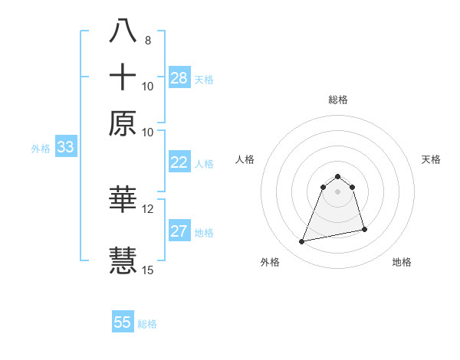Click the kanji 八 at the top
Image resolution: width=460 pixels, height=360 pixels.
(x=123, y=31)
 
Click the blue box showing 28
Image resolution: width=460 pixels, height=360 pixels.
(x=179, y=78)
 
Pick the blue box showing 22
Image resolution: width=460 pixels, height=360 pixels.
(x=179, y=162)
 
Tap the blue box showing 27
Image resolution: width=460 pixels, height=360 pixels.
(x=179, y=232)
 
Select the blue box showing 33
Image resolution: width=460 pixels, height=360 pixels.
(x=65, y=148)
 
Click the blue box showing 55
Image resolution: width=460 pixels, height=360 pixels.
(x=123, y=322)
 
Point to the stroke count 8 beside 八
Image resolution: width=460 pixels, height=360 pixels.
(x=147, y=41)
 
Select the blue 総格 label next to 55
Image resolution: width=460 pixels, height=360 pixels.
(x=147, y=324)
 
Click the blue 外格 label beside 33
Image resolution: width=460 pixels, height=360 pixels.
(x=41, y=149)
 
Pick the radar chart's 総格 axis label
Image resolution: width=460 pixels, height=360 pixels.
(x=337, y=100)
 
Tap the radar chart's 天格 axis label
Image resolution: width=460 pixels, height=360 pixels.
(x=432, y=159)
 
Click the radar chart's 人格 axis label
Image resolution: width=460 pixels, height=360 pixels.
(x=245, y=159)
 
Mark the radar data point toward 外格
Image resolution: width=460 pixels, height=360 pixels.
(x=302, y=242)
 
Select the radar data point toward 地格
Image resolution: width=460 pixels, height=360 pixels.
(x=364, y=230)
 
